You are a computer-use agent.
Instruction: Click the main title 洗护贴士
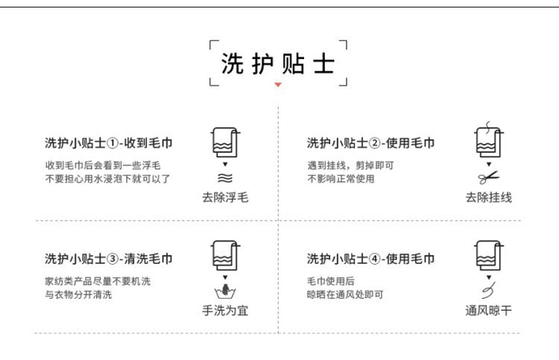pyautogui.click(x=278, y=64)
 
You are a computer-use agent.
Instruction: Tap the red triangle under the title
pyautogui.click(x=278, y=85)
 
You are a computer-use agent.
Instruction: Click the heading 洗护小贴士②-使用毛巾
pyautogui.click(x=370, y=143)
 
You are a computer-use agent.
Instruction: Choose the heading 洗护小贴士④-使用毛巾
pyautogui.click(x=370, y=259)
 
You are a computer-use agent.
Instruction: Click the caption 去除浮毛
pyautogui.click(x=225, y=198)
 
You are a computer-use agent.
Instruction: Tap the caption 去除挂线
pyautogui.click(x=489, y=198)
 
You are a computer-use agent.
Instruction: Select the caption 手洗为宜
pyautogui.click(x=225, y=310)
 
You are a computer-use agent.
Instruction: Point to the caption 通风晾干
pyautogui.click(x=489, y=310)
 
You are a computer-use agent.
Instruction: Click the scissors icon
pyautogui.click(x=489, y=177)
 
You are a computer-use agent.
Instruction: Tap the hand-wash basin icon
pyautogui.click(x=224, y=290)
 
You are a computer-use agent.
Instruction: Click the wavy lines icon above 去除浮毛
pyautogui.click(x=224, y=178)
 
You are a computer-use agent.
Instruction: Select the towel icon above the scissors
pyautogui.click(x=488, y=139)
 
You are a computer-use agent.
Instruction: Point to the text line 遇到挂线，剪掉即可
pyautogui.click(x=350, y=165)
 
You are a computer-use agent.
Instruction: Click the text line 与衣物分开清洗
pyautogui.click(x=78, y=295)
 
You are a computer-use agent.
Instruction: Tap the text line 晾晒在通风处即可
pyautogui.click(x=345, y=295)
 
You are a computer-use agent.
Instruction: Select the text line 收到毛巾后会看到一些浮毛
pyautogui.click(x=103, y=165)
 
